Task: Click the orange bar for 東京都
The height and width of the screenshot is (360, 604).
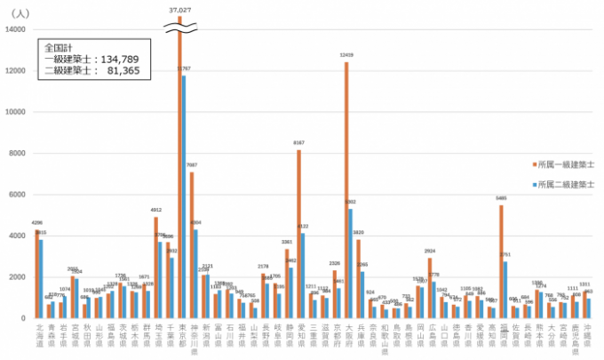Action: coord(179,178)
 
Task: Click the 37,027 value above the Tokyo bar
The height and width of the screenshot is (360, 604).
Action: coord(180,9)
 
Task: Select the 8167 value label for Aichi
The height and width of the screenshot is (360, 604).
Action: coord(299,142)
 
